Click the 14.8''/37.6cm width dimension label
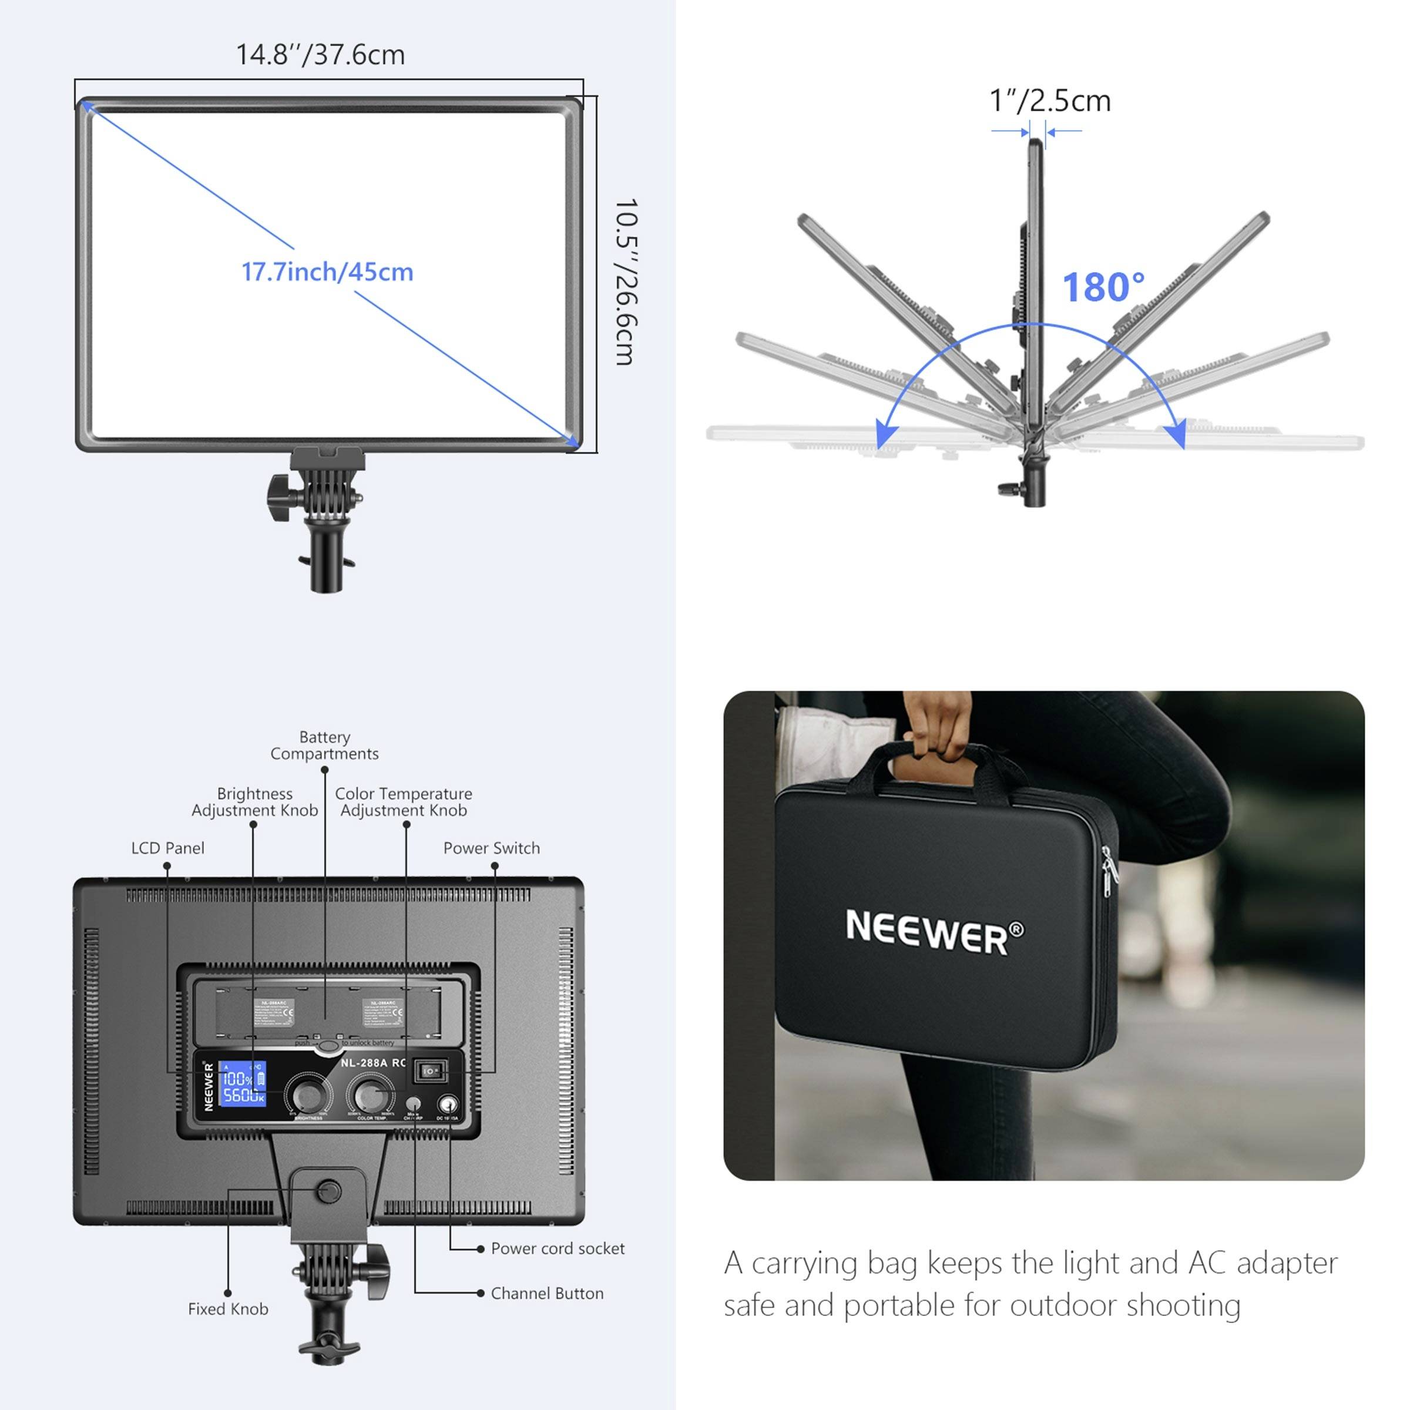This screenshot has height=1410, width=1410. click(x=320, y=55)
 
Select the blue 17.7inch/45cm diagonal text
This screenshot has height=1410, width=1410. click(x=327, y=272)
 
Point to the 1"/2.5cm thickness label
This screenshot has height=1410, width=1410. click(x=1049, y=100)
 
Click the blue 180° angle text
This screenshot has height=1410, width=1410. click(x=1103, y=287)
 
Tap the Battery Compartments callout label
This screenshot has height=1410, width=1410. click(x=324, y=745)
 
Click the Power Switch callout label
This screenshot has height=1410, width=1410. click(x=491, y=848)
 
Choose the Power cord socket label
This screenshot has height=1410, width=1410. click(x=558, y=1248)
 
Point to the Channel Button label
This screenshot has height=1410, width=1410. click(x=546, y=1294)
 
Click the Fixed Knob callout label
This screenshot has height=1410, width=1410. click(x=228, y=1310)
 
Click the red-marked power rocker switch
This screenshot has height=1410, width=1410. click(x=430, y=1072)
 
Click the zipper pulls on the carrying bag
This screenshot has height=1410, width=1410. click(x=1109, y=872)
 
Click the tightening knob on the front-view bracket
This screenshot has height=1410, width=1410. click(x=280, y=498)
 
